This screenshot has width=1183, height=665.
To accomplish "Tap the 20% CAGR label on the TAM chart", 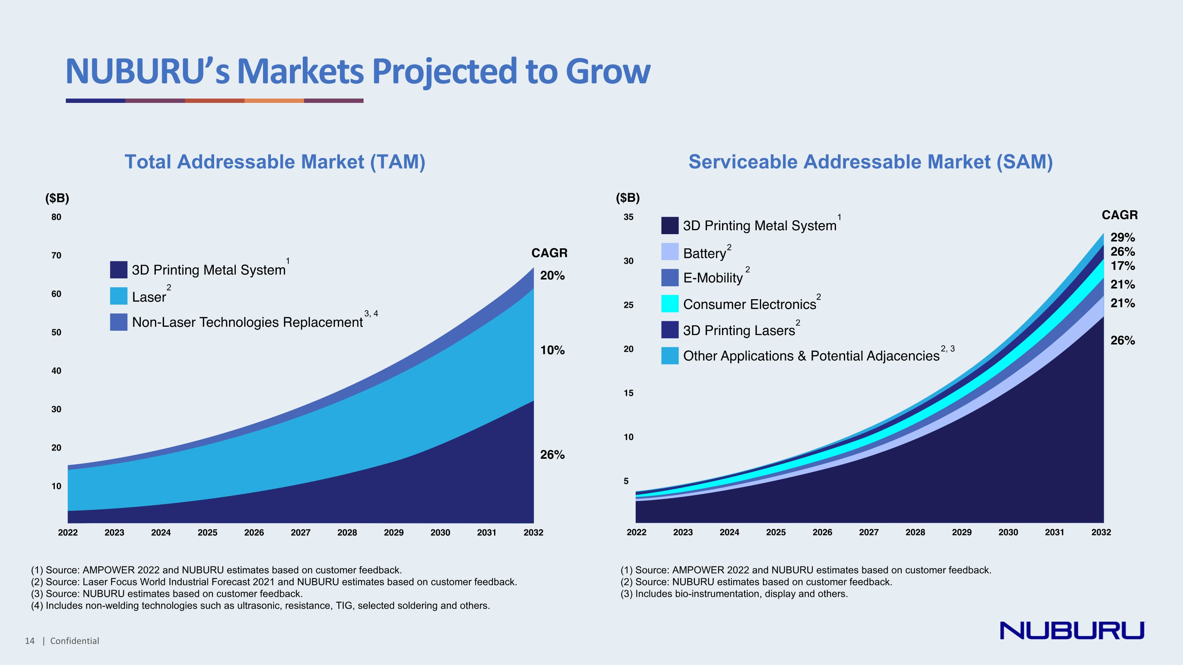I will [x=552, y=276].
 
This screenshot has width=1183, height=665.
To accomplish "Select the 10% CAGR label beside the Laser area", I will [x=552, y=350].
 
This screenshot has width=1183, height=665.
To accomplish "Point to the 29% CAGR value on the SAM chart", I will [x=1122, y=238].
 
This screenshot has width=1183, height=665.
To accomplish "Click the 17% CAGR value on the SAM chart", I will [x=1122, y=266].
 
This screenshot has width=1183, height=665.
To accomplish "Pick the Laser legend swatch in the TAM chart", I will [x=118, y=296].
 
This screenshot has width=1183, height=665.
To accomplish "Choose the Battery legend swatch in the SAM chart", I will [x=670, y=252].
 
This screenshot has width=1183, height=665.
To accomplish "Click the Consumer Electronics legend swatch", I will [x=670, y=304].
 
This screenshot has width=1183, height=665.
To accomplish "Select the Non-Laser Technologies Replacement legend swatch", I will [x=118, y=322].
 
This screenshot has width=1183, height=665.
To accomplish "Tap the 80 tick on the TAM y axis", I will [x=56, y=217].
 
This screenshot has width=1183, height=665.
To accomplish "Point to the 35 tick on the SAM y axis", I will [x=628, y=217].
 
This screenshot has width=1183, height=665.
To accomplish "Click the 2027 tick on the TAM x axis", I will [x=300, y=533].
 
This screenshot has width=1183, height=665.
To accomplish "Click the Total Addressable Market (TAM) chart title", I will [x=274, y=162].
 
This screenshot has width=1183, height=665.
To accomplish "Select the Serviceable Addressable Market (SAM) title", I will [x=870, y=162].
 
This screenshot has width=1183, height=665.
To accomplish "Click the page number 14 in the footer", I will [x=30, y=641].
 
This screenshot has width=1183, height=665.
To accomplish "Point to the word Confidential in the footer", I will [x=75, y=641].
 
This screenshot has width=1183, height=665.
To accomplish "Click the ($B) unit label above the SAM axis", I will [x=627, y=198].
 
